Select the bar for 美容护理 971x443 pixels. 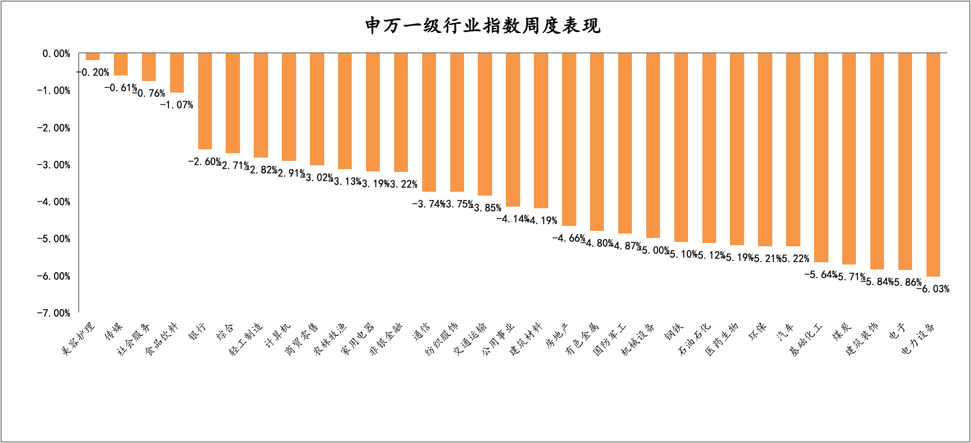92,57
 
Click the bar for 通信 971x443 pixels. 429,122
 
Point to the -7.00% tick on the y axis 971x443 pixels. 53,313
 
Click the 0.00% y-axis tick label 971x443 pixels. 56,53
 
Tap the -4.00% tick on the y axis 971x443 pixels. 53,202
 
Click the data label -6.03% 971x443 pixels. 933,289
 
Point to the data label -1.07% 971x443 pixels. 177,105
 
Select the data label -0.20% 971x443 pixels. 92,72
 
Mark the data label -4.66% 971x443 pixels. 569,238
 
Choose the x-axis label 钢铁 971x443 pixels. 673,332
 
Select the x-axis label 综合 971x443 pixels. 226,332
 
